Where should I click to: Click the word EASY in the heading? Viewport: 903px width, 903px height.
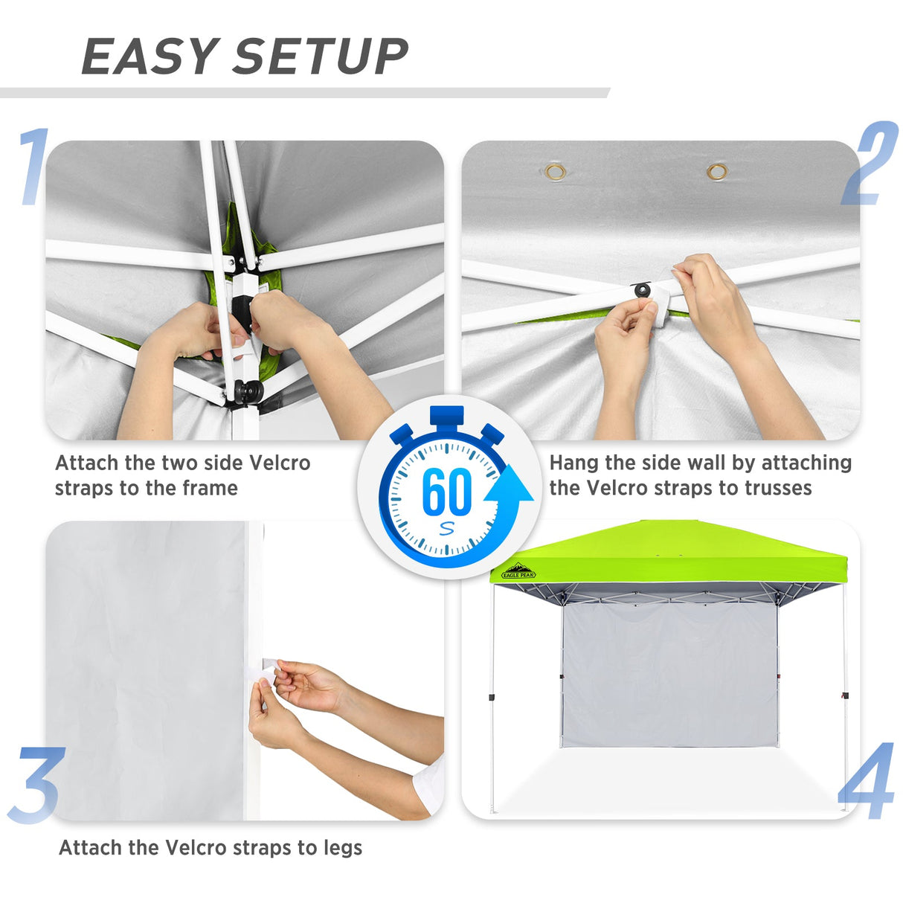point(148,57)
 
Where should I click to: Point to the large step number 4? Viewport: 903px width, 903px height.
point(867,781)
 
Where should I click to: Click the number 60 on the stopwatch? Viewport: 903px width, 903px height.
point(446,492)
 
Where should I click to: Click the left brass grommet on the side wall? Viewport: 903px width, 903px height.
point(555,173)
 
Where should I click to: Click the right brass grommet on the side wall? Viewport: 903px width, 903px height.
point(717,173)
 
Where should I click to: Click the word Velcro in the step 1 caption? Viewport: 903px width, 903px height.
point(279,463)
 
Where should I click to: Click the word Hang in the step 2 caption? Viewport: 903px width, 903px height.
point(574,463)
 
